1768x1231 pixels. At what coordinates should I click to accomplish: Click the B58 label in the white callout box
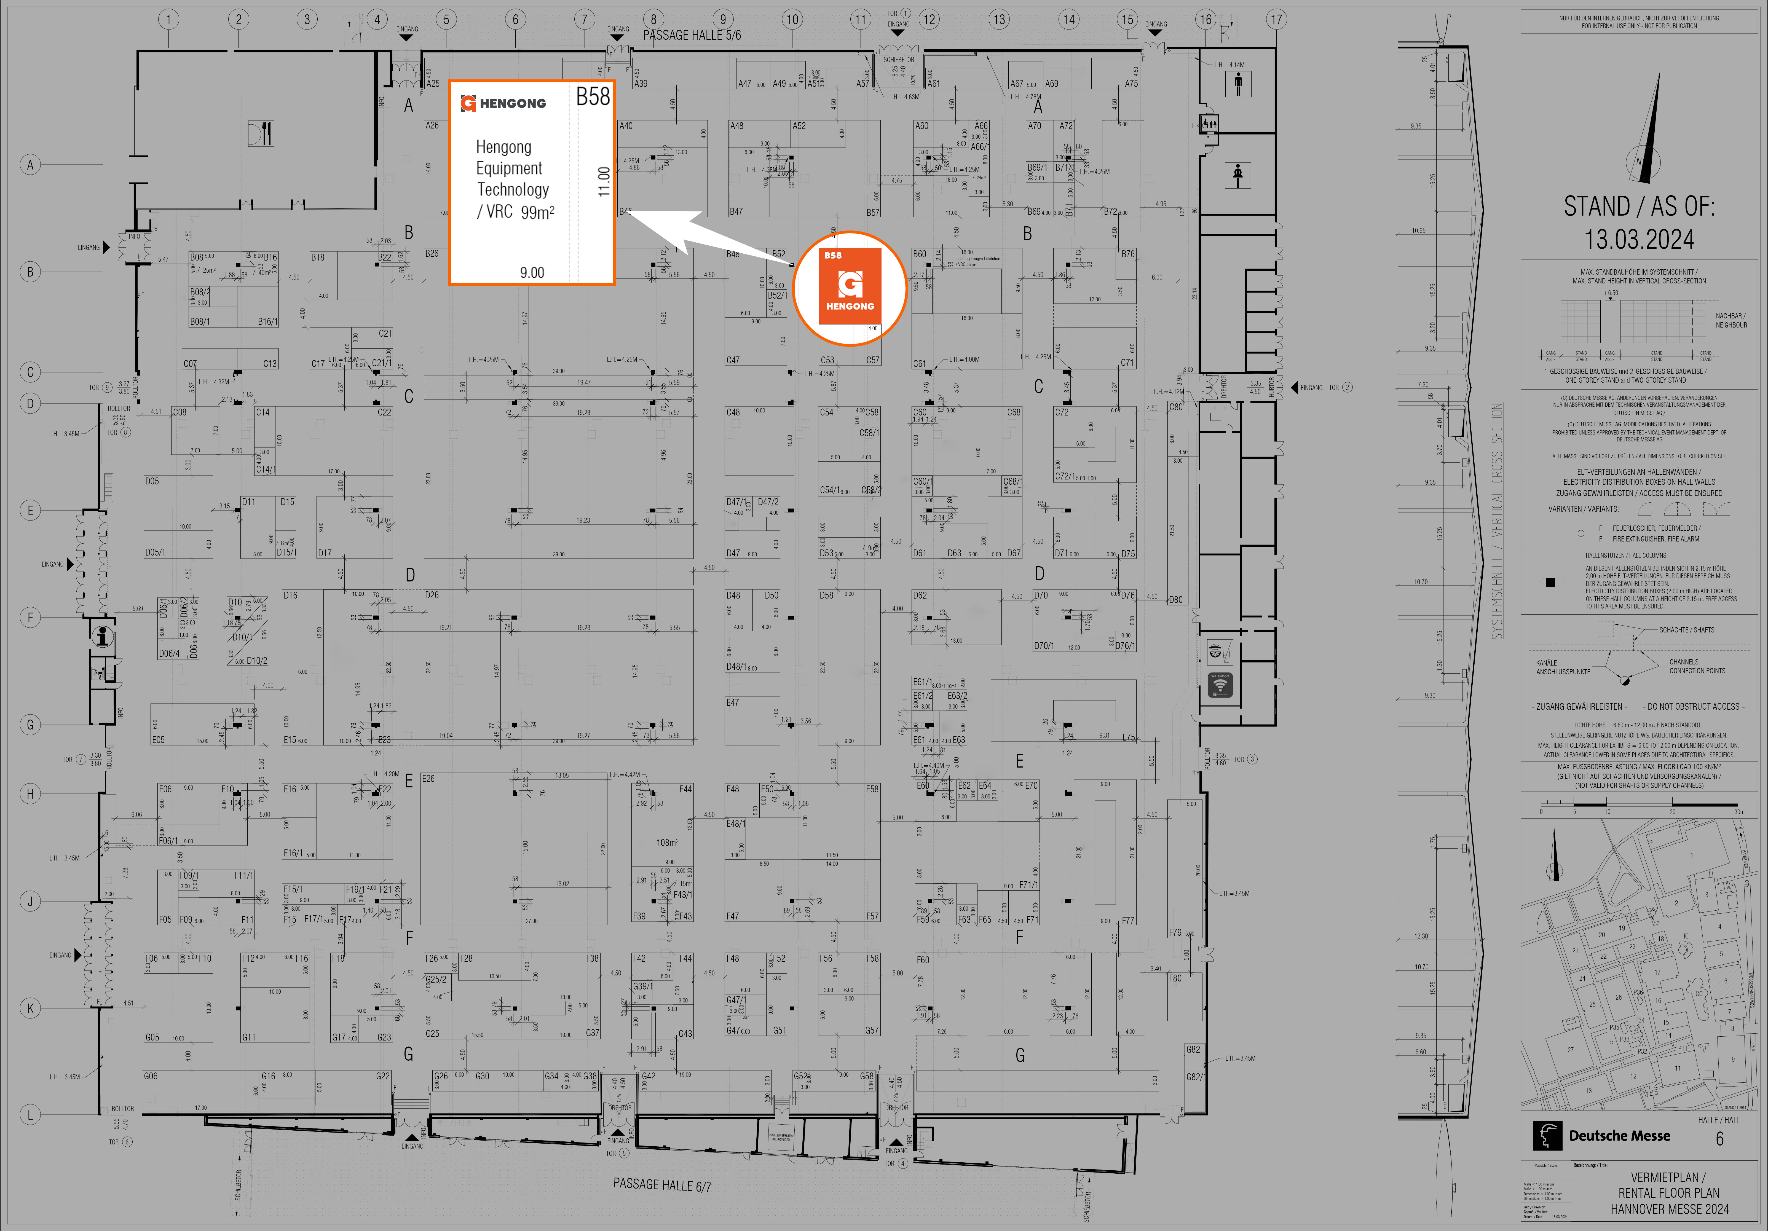click(593, 97)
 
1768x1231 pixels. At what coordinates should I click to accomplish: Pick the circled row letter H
click(30, 794)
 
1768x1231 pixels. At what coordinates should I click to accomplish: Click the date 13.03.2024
click(1639, 239)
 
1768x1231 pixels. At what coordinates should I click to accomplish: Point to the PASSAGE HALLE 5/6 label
click(692, 35)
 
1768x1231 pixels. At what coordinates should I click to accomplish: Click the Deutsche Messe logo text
click(1619, 1136)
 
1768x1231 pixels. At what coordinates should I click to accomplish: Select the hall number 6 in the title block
click(1719, 1139)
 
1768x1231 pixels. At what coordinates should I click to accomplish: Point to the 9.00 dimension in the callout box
click(532, 272)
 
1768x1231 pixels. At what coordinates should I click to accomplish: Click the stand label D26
click(432, 595)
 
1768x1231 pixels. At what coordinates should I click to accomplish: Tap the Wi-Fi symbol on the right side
click(1220, 684)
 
